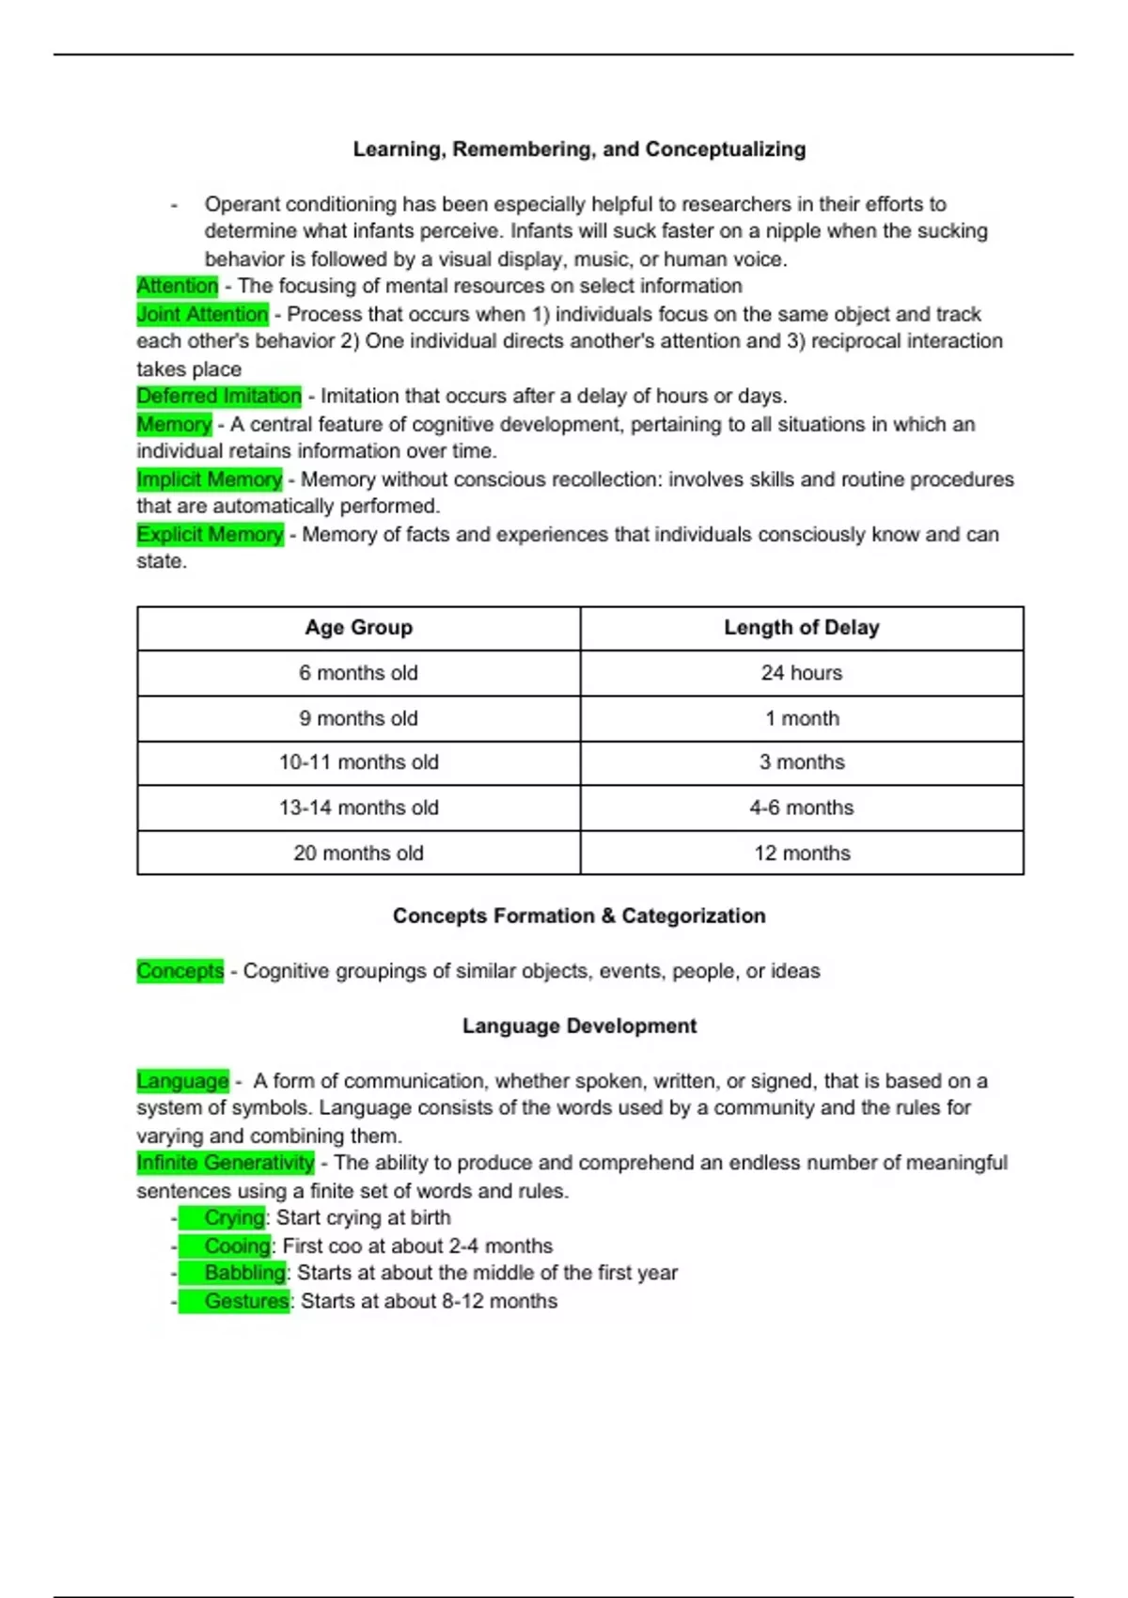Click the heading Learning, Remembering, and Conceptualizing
(x=579, y=149)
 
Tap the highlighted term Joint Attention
(x=203, y=314)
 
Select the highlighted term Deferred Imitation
(x=219, y=396)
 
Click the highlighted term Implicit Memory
(x=210, y=479)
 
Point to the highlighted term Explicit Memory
(x=210, y=534)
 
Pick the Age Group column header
(x=358, y=628)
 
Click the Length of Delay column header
(x=801, y=628)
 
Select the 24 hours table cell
(x=801, y=673)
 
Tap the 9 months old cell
(x=358, y=718)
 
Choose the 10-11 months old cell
(x=358, y=762)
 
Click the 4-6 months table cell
(x=801, y=807)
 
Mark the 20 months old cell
(x=358, y=853)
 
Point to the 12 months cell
(x=801, y=853)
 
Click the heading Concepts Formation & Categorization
(x=579, y=916)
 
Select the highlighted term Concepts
(x=180, y=971)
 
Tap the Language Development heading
(x=579, y=1026)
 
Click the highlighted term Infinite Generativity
(x=226, y=1163)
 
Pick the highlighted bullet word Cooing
(x=237, y=1245)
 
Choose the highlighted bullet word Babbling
(x=244, y=1273)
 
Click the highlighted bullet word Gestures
(x=246, y=1301)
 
